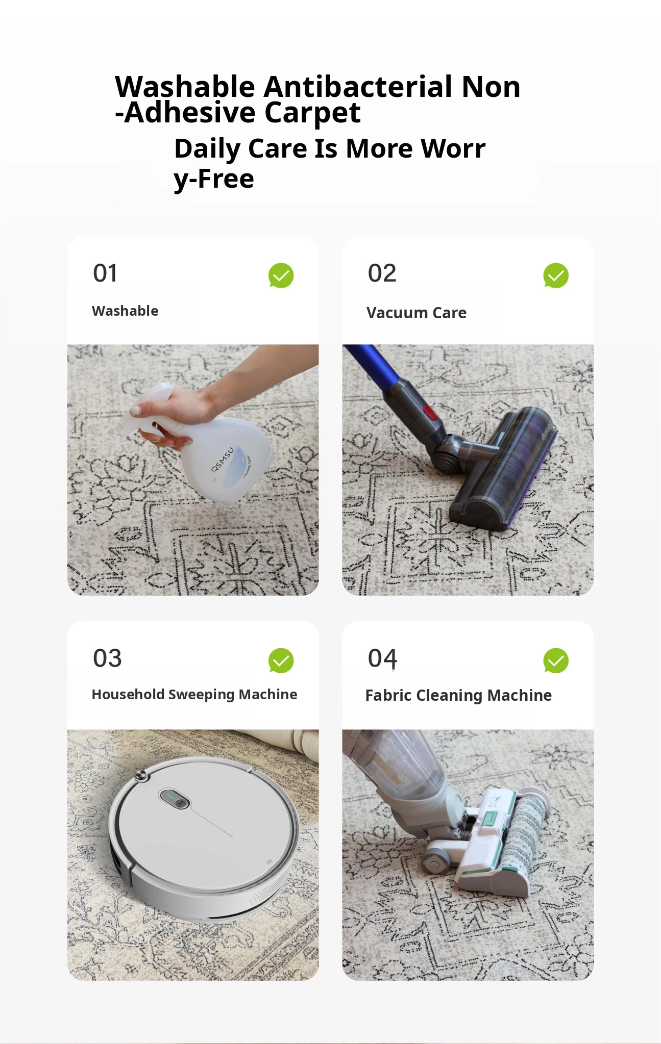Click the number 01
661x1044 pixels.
pos(105,273)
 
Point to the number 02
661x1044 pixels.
pos(382,273)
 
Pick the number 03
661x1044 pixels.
pos(107,658)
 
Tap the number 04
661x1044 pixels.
pos(382,658)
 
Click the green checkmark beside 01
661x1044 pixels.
pos(281,275)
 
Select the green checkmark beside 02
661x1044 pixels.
pos(556,275)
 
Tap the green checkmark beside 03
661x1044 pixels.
pos(281,660)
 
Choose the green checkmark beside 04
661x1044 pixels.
pos(556,660)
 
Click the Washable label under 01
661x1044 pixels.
pos(125,311)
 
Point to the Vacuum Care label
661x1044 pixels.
pos(417,313)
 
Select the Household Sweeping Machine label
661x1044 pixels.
pos(194,695)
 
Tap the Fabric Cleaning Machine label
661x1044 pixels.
pos(458,696)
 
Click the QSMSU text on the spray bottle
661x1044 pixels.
pos(223,459)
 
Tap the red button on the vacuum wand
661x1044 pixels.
pos(431,412)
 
